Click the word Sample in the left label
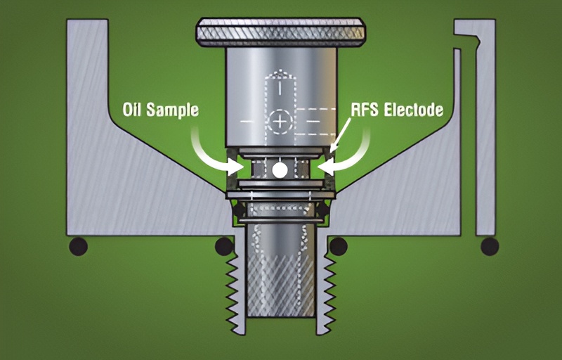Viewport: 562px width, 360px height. (173, 110)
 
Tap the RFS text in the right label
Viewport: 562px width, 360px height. (365, 110)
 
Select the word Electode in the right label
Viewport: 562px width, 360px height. (414, 110)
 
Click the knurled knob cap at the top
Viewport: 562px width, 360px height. (280, 32)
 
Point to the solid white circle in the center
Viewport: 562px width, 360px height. (280, 170)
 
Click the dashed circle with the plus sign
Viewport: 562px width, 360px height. (280, 122)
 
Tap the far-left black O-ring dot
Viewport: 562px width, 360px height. (78, 247)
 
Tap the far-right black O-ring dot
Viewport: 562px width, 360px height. (490, 247)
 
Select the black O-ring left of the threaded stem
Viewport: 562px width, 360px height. (224, 246)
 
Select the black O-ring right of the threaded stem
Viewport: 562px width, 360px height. (339, 246)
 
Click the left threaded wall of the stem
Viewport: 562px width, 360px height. (236, 287)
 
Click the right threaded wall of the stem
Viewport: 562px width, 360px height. (326, 287)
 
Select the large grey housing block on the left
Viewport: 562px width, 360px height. (143, 179)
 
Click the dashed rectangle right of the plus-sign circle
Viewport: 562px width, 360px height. (315, 122)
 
